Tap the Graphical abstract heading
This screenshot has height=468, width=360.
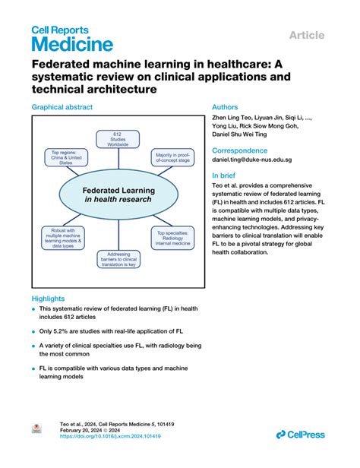pyautogui.click(x=62, y=107)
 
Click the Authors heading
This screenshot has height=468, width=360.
pyautogui.click(x=226, y=107)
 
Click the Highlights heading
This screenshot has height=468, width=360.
pyautogui.click(x=48, y=299)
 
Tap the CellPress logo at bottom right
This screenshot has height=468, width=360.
pyautogui.click(x=302, y=434)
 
